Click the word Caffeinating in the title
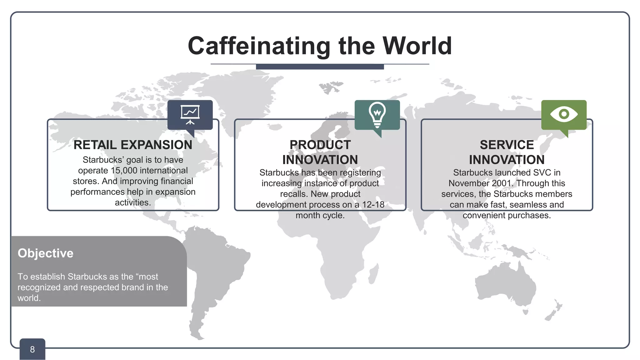[x=259, y=46]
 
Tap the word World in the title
[x=417, y=46]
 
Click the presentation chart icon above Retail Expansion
[x=190, y=114]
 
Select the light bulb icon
[x=377, y=114]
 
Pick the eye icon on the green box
[x=564, y=114]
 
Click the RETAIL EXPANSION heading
[x=133, y=145]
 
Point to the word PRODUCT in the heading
[x=320, y=145]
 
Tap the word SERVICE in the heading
[x=507, y=145]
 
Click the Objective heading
[x=45, y=253]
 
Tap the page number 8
[x=32, y=349]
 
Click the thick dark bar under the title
[x=320, y=67]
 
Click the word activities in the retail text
[x=132, y=203]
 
